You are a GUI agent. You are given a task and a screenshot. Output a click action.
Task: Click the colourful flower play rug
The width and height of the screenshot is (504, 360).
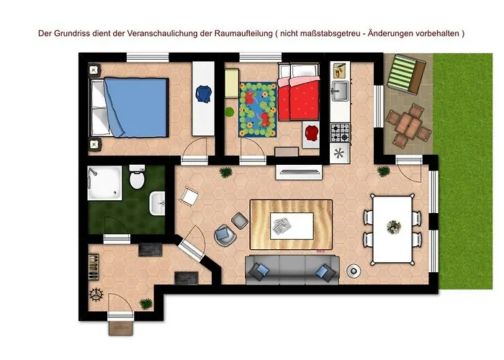(x=257, y=109)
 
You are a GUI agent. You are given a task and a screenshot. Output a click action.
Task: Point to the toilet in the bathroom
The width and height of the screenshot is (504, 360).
(x=137, y=179)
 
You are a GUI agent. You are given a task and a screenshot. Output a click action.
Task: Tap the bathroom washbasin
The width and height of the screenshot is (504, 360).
(x=158, y=204)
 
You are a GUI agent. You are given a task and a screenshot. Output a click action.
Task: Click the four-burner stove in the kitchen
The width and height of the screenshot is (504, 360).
(x=339, y=132)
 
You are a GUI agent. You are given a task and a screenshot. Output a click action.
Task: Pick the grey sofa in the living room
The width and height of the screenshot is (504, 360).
(x=292, y=269)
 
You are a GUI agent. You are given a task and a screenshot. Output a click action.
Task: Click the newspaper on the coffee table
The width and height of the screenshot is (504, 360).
(x=282, y=228)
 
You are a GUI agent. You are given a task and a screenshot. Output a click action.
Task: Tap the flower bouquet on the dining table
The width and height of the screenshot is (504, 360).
(x=392, y=228)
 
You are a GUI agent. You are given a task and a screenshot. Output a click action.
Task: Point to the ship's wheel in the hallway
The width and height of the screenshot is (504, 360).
(x=96, y=294)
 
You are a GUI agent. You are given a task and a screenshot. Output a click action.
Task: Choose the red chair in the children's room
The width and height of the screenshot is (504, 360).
(x=311, y=132)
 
